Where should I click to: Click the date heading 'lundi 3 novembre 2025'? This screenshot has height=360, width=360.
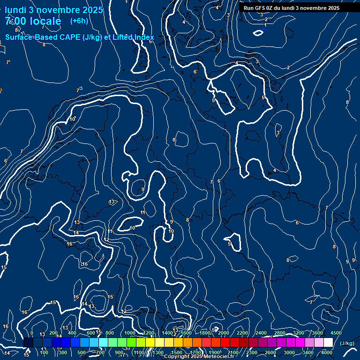click(54, 10)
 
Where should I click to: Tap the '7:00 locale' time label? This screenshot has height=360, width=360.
click(33, 21)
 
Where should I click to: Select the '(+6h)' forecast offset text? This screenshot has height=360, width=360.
click(79, 21)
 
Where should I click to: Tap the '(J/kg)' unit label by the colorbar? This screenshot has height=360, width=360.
click(346, 343)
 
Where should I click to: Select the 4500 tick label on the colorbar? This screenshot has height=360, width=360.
click(336, 333)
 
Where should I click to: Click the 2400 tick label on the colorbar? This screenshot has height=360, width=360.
click(261, 333)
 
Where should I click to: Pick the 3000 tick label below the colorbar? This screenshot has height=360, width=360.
click(289, 352)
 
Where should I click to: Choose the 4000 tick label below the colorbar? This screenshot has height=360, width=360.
click(327, 352)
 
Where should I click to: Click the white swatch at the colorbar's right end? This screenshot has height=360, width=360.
click(328, 343)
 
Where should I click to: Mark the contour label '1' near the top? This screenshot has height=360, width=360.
click(264, 25)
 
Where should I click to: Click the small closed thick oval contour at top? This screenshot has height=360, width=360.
click(258, 33)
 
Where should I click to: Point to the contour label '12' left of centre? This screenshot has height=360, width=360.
click(107, 240)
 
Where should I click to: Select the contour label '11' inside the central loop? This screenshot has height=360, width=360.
click(143, 213)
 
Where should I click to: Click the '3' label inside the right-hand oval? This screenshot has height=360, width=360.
click(278, 133)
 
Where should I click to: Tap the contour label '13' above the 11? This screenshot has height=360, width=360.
click(112, 202)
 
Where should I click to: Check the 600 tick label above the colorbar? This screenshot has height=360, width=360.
click(90, 333)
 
